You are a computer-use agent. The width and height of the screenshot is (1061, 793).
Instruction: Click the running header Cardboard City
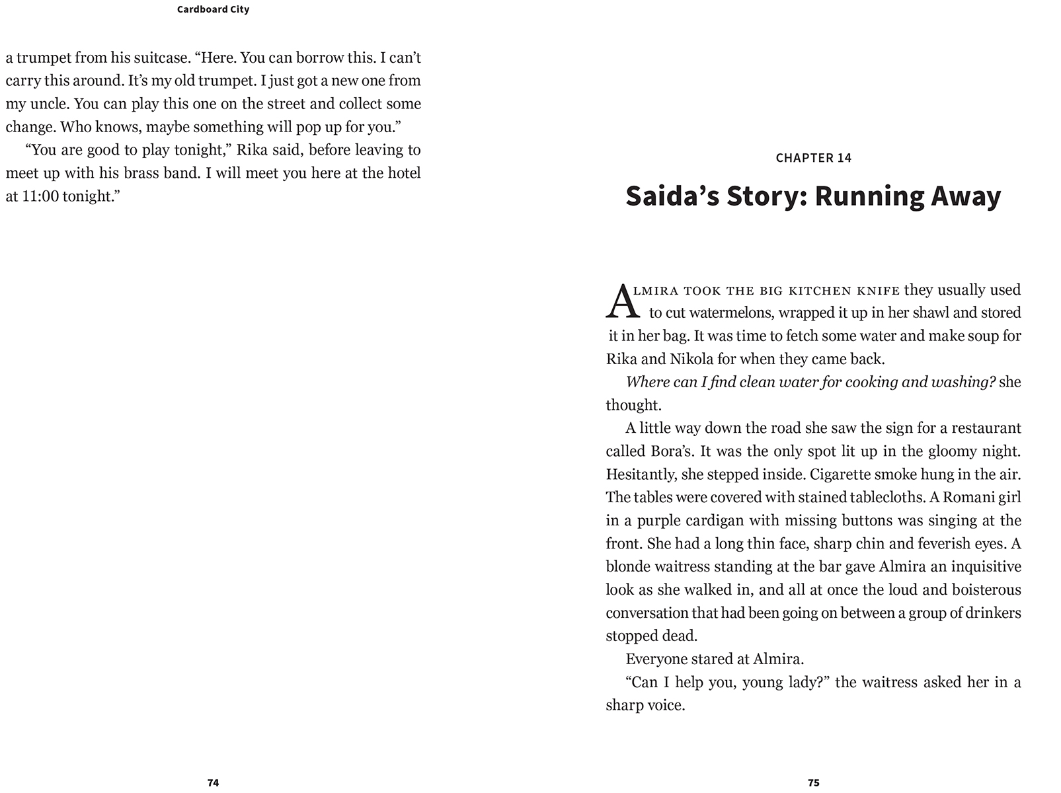pyautogui.click(x=213, y=9)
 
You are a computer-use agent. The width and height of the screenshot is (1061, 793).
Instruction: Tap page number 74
pyautogui.click(x=213, y=782)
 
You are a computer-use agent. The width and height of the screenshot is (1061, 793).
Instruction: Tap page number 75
pyautogui.click(x=813, y=782)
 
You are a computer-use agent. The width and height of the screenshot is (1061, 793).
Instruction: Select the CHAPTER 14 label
pyautogui.click(x=813, y=158)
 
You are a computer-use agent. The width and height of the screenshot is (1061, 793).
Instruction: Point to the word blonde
pyautogui.click(x=627, y=567)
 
